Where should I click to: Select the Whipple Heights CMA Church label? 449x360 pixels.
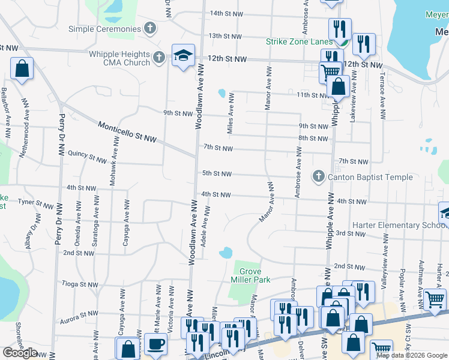pyautogui.click(x=119, y=58)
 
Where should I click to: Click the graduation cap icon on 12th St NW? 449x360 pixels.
pyautogui.click(x=181, y=56)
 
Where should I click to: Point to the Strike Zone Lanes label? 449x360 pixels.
pyautogui.click(x=299, y=41)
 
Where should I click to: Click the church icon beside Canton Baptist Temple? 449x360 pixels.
pyautogui.click(x=318, y=176)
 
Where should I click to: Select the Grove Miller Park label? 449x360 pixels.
pyautogui.click(x=250, y=275)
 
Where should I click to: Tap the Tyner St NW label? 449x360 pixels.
pyautogui.click(x=35, y=204)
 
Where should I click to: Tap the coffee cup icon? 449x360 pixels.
pyautogui.click(x=156, y=345)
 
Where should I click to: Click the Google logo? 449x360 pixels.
pyautogui.click(x=20, y=352)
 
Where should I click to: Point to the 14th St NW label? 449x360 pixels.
pyautogui.click(x=226, y=13)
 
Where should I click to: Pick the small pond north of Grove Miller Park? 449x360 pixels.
pyautogui.click(x=226, y=253)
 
